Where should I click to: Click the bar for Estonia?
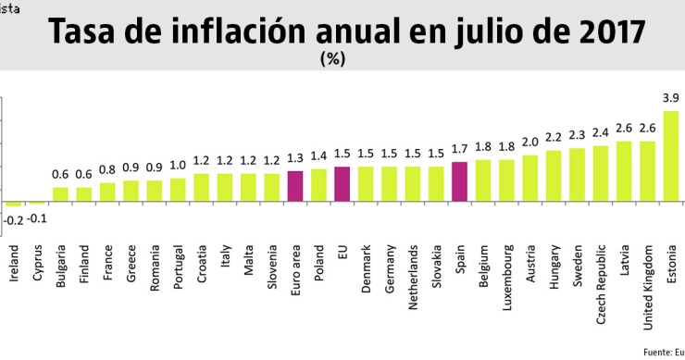[x=672, y=156]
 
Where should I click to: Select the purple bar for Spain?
[x=460, y=182]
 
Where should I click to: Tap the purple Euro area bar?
[x=296, y=186]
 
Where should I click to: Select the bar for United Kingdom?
[x=648, y=171]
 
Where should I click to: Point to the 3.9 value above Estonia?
[x=672, y=97]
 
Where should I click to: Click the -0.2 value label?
[x=14, y=219]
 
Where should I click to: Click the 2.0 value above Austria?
[x=530, y=142]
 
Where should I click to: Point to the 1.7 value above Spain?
[x=460, y=148]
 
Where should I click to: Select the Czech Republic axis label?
[x=601, y=275]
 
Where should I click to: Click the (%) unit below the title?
[x=331, y=58]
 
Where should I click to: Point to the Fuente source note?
[x=661, y=352]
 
